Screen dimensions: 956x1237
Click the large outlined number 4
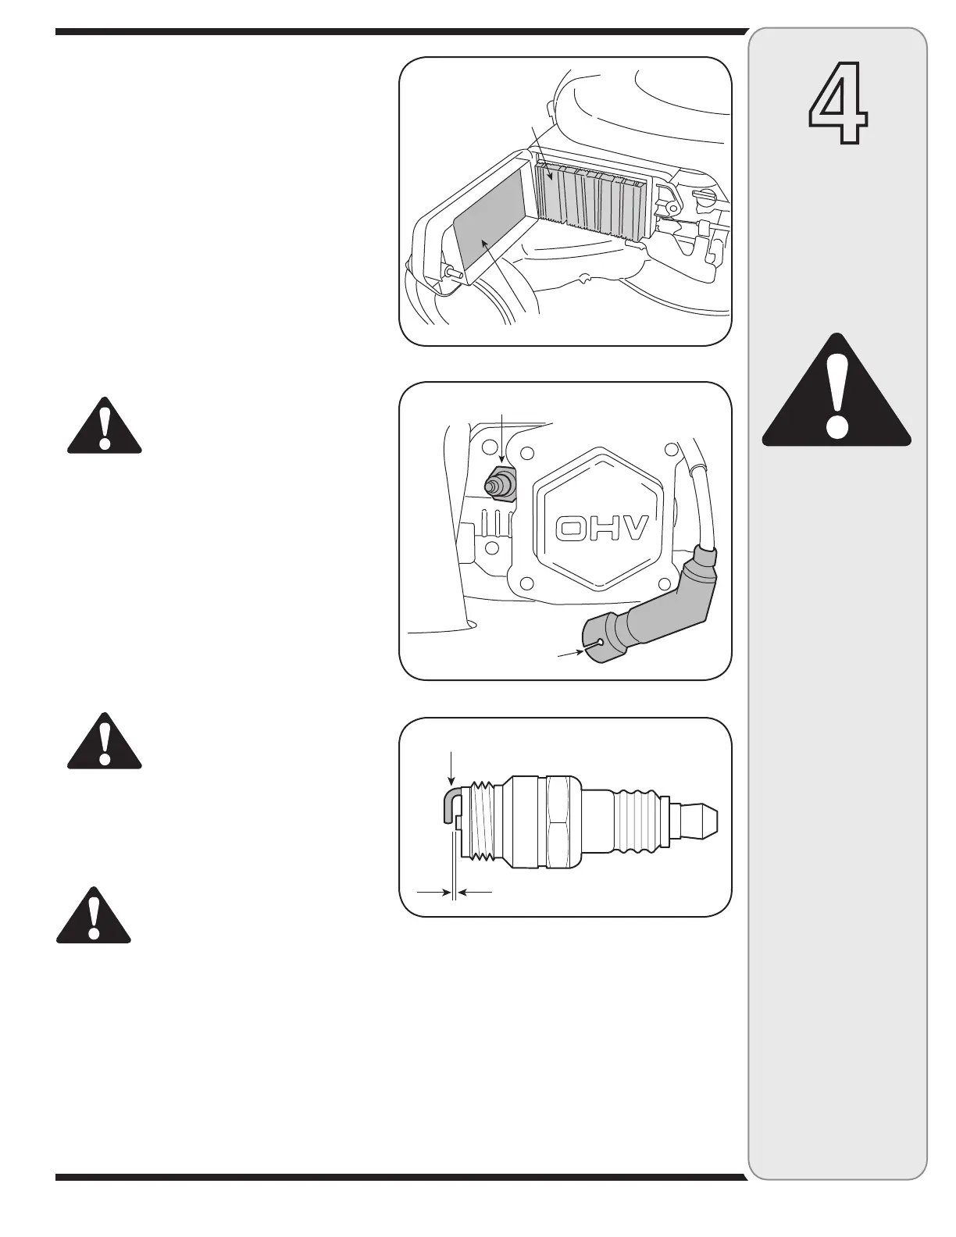tap(837, 105)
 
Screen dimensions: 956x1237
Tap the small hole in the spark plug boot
tap(597, 643)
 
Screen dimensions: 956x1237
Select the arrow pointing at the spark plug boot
tap(569, 653)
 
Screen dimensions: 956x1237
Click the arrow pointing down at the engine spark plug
tap(502, 441)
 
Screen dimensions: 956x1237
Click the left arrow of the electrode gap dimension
tap(433, 890)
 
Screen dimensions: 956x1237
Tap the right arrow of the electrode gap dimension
tap(475, 890)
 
